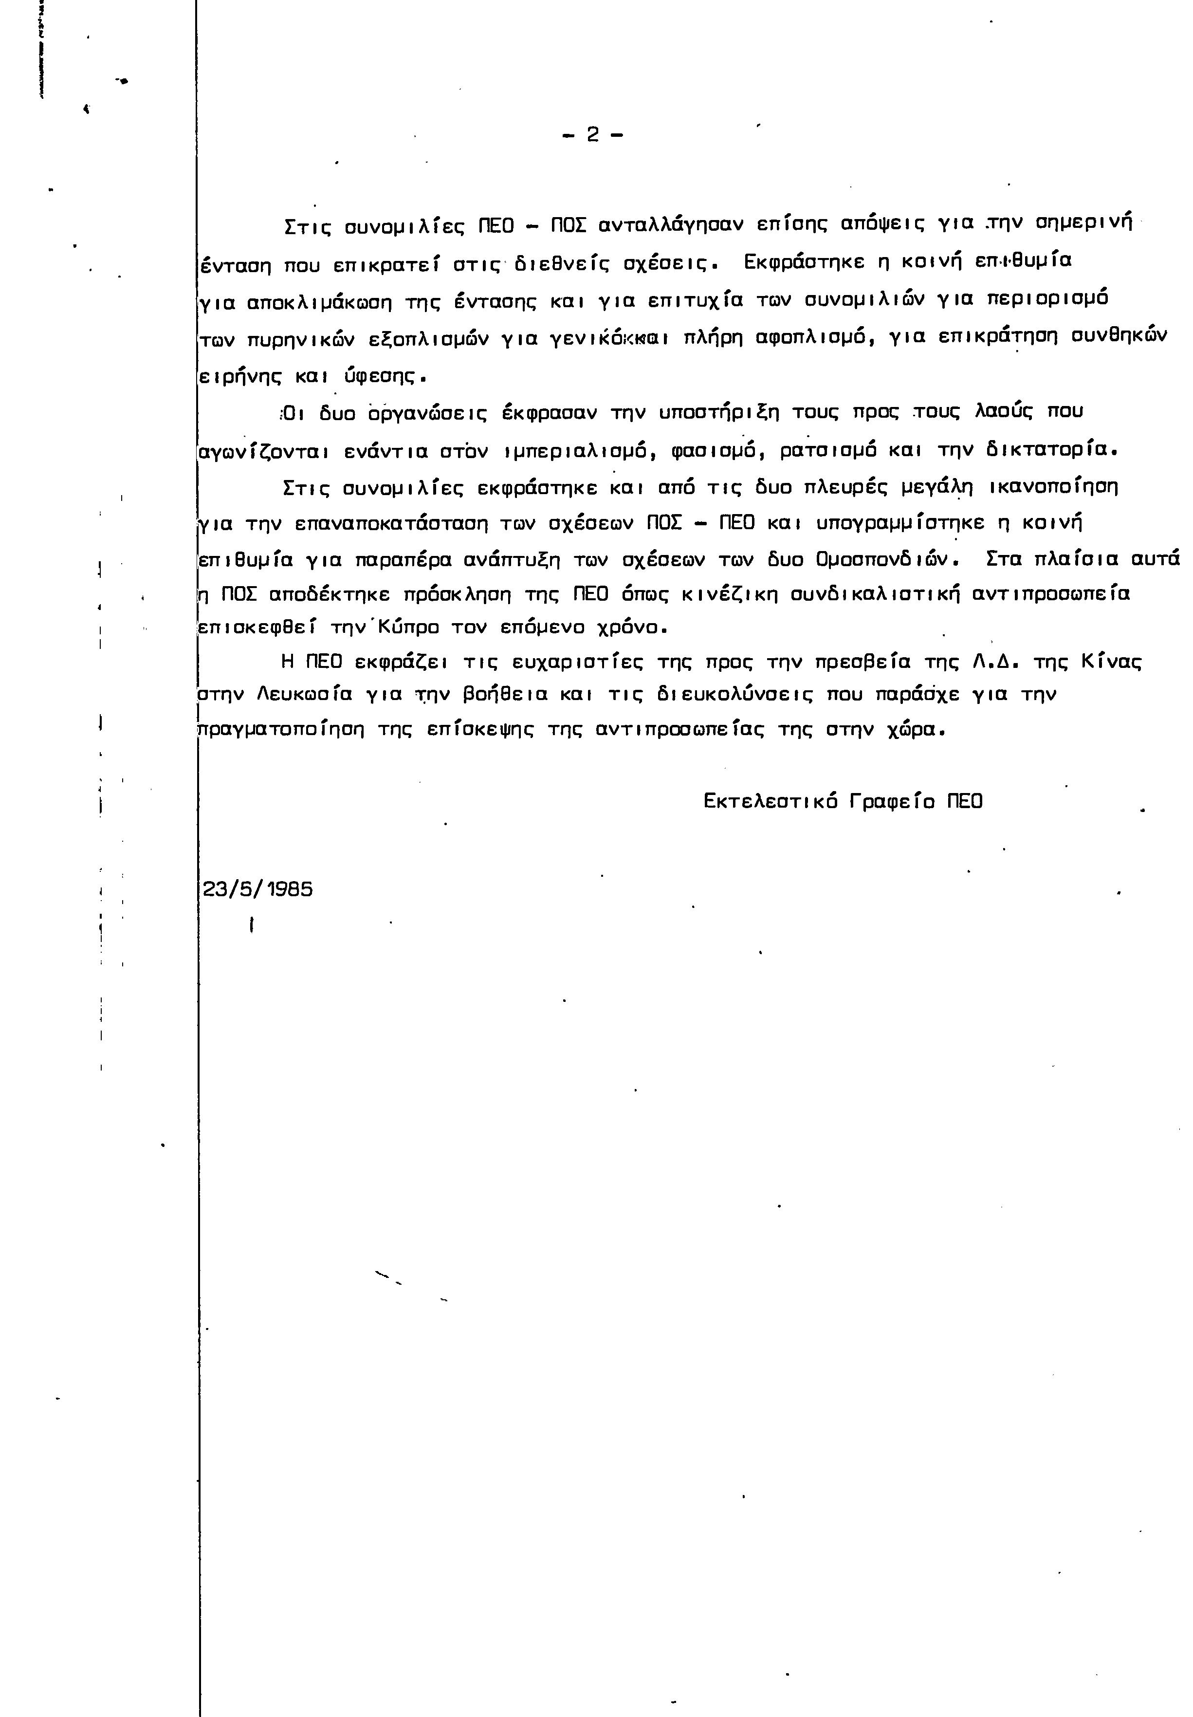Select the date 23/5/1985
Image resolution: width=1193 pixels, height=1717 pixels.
(258, 889)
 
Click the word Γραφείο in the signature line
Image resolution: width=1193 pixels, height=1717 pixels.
(893, 801)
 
